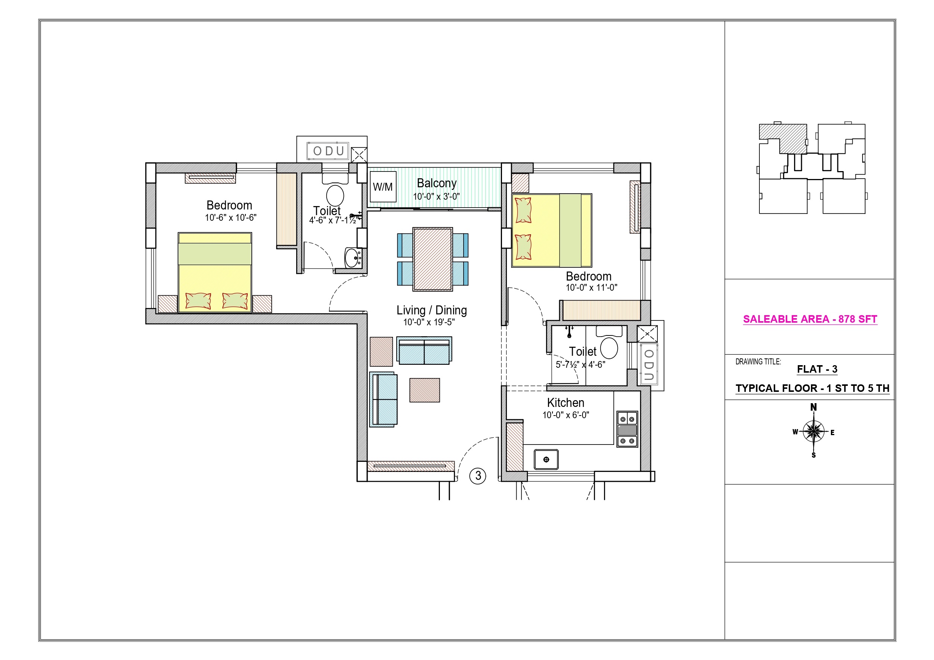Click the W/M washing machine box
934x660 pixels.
pyautogui.click(x=383, y=187)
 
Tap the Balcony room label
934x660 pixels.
pyautogui.click(x=437, y=184)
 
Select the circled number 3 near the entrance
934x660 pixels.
pyautogui.click(x=478, y=476)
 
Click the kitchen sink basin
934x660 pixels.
pyautogui.click(x=546, y=460)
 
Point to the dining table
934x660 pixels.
pyautogui.click(x=433, y=259)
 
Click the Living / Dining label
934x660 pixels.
pyautogui.click(x=432, y=310)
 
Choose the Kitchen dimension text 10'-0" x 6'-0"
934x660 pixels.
pyautogui.click(x=566, y=415)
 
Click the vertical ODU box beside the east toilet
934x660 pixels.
pyautogui.click(x=649, y=364)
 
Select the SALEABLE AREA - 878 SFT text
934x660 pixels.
pyautogui.click(x=810, y=319)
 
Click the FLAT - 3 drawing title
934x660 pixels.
pyautogui.click(x=817, y=369)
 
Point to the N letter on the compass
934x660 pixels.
pyautogui.click(x=813, y=407)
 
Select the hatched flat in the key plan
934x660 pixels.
pyautogui.click(x=783, y=139)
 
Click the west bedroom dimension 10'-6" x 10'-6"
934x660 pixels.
pyautogui.click(x=231, y=218)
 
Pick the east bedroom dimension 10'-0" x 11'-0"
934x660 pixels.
pyautogui.click(x=592, y=288)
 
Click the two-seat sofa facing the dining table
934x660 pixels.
pyautogui.click(x=424, y=350)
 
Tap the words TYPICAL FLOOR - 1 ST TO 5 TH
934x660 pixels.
pyautogui.click(x=812, y=388)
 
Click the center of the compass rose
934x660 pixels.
pyautogui.click(x=813, y=431)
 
